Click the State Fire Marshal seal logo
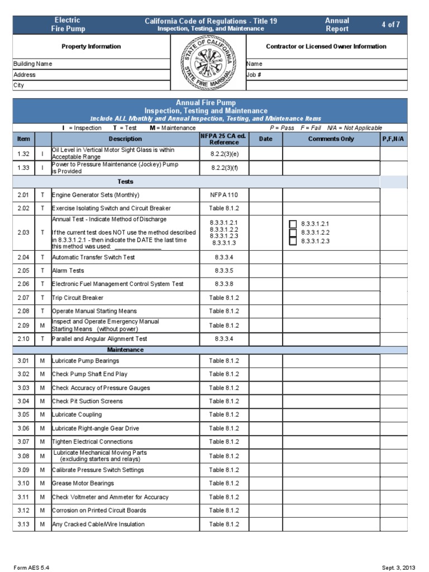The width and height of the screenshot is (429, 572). (208, 63)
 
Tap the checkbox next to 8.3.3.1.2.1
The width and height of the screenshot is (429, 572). (293, 223)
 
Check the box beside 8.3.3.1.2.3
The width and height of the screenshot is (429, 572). (293, 241)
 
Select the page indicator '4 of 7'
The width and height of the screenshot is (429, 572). (390, 25)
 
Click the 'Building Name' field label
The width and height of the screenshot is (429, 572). (32, 64)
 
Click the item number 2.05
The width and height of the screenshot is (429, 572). (23, 270)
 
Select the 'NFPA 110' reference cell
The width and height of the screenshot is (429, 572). (224, 195)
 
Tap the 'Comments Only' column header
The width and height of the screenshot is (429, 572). (331, 139)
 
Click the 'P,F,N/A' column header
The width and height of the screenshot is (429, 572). (394, 139)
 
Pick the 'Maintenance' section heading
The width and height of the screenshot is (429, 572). (125, 350)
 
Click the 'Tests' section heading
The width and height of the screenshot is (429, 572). (125, 182)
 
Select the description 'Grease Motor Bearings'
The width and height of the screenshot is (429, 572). (83, 483)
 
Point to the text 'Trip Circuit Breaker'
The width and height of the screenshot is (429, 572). (78, 298)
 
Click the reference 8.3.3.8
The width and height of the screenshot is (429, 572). (224, 284)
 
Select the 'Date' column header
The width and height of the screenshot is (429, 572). (265, 139)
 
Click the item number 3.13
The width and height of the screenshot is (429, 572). (23, 524)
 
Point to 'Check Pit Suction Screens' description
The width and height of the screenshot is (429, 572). (87, 401)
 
